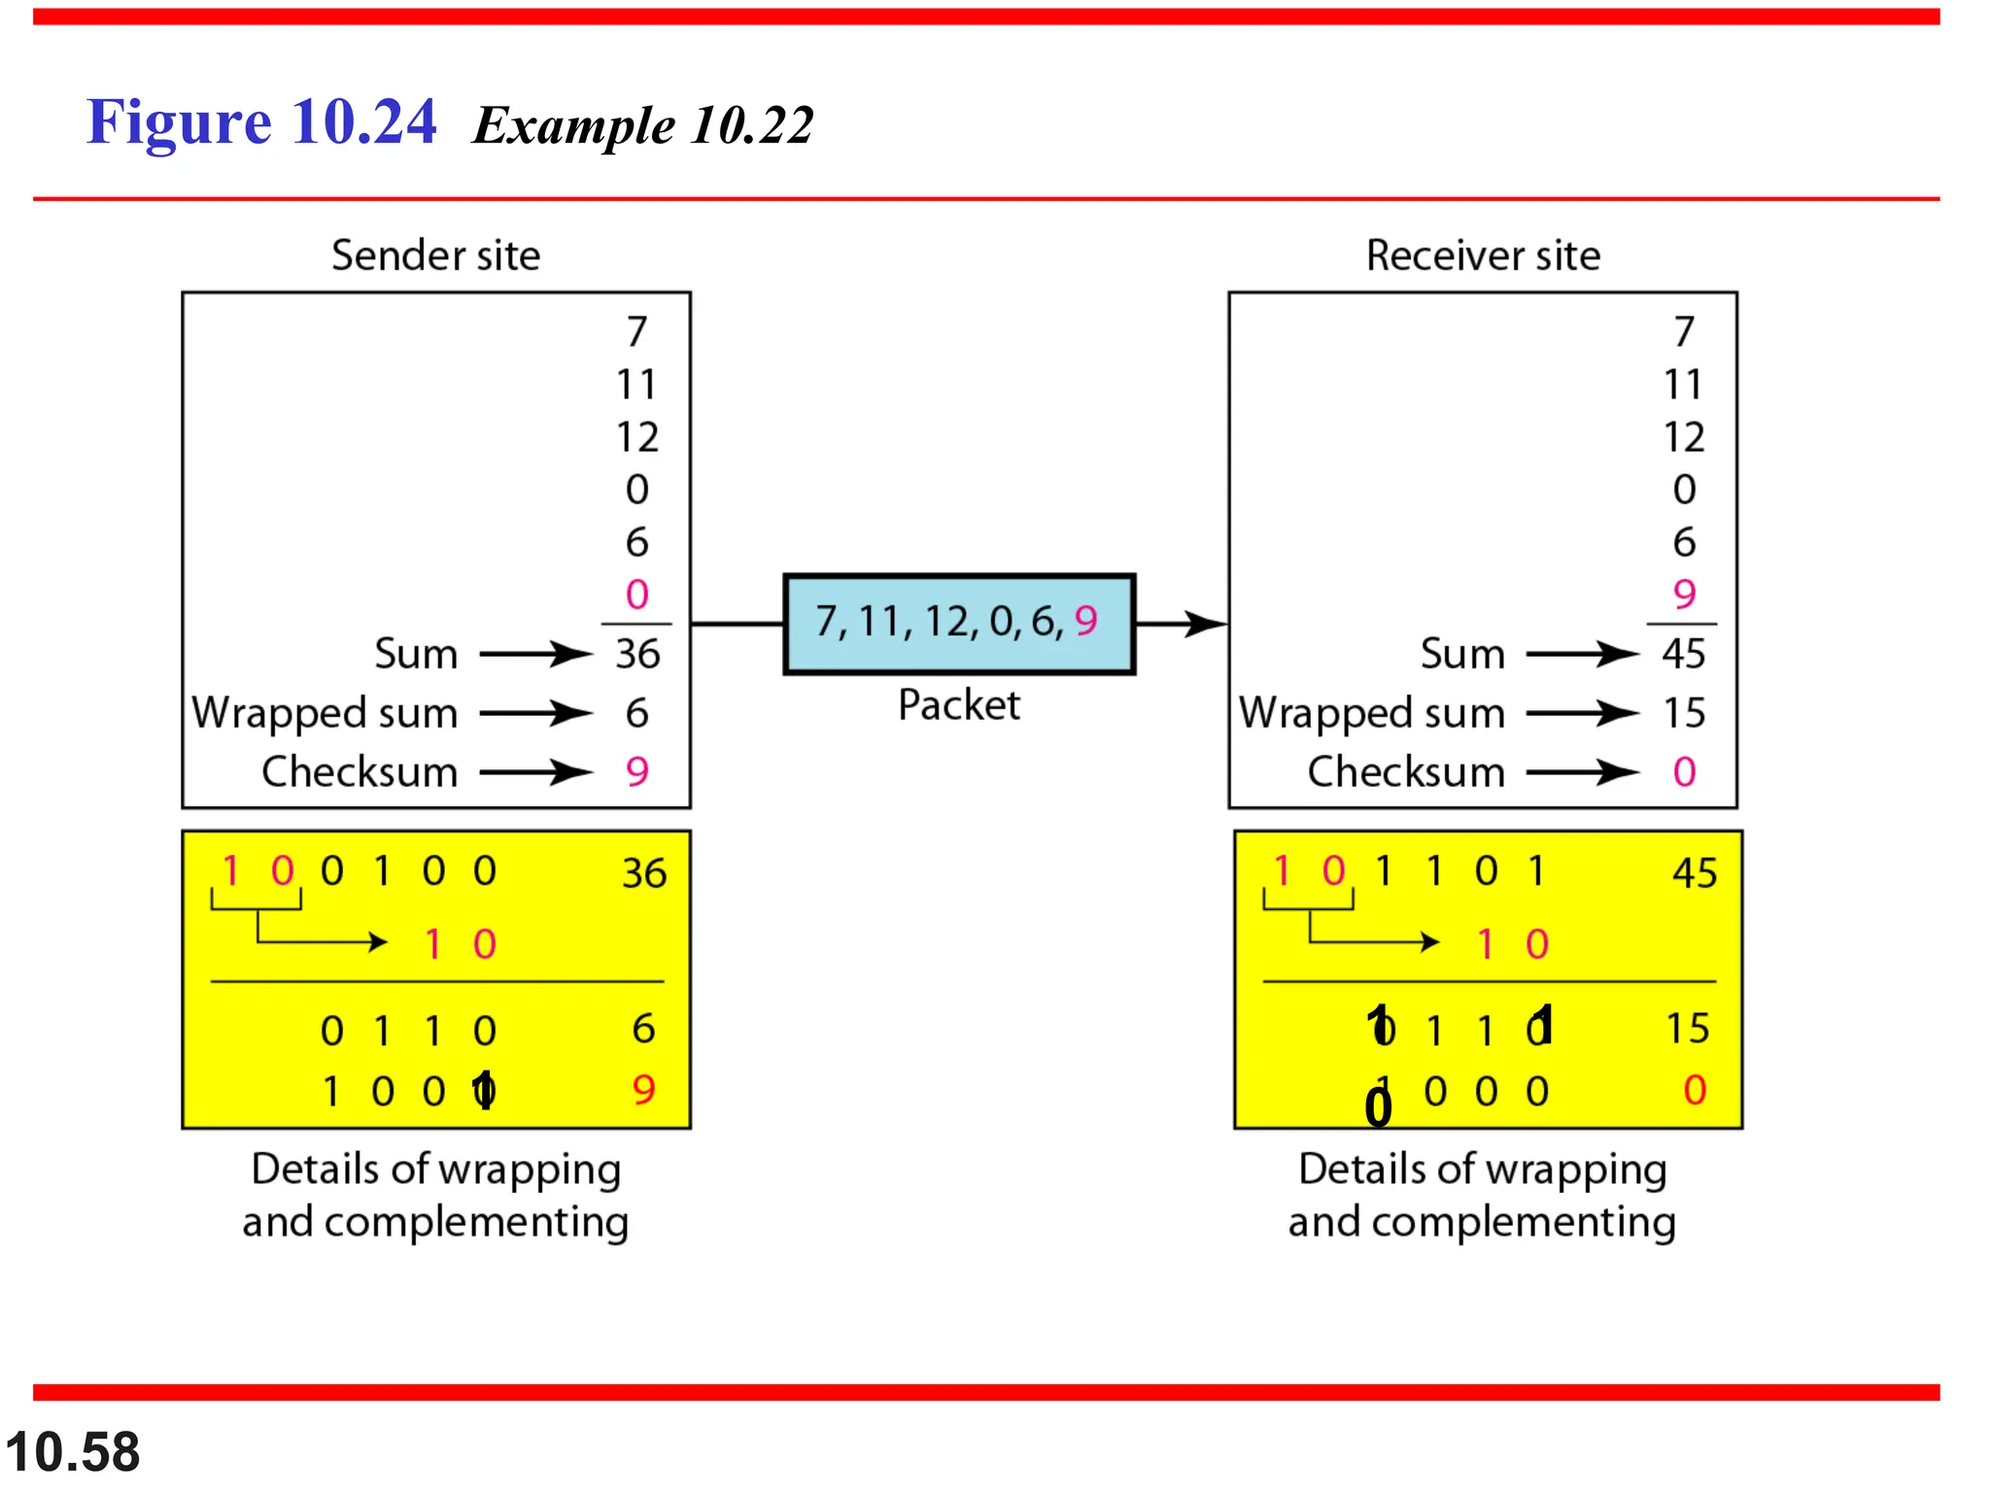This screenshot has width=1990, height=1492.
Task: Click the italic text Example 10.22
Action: coord(642,126)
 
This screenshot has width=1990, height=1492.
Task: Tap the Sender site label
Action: coord(435,255)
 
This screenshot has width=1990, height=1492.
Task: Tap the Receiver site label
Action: coord(1483,255)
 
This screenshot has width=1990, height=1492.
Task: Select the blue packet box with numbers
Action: coord(958,623)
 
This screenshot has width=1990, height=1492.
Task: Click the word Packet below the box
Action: coord(958,704)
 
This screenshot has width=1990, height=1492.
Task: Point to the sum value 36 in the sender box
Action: coord(637,654)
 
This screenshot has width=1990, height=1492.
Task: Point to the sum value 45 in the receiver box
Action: coord(1683,654)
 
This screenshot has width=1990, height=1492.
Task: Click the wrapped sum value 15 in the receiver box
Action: coord(1683,713)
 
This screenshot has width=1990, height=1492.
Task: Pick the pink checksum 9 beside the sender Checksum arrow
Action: coord(637,772)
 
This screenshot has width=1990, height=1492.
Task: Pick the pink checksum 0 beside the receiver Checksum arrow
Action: coord(1684,772)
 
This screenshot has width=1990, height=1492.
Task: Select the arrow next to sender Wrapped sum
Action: coord(535,713)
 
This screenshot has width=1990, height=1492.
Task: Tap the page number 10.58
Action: coord(73,1452)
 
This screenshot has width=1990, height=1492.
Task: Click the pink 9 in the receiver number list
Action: coord(1684,593)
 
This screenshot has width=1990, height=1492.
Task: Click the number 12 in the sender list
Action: coord(637,437)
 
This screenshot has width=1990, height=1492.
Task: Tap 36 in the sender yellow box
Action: coord(644,873)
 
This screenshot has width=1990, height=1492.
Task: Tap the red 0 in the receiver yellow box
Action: coord(1695,1090)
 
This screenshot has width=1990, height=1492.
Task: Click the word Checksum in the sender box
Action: coord(360,772)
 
